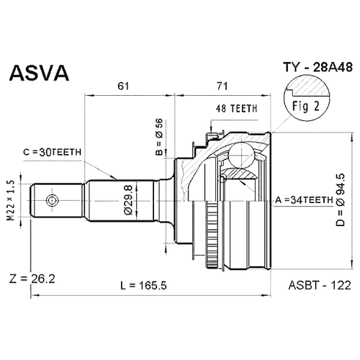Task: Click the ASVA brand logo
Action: (39, 72)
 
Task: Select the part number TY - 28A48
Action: (318, 67)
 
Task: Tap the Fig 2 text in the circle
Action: (306, 106)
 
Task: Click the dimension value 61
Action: (123, 86)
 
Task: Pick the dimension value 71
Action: (222, 86)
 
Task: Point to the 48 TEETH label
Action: (236, 109)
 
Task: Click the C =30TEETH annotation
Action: (53, 152)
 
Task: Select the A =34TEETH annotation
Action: (304, 200)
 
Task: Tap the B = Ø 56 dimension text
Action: (159, 137)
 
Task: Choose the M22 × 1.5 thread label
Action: (11, 201)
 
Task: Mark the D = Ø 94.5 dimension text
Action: (341, 200)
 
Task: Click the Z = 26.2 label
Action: (32, 279)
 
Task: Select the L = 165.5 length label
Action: (143, 286)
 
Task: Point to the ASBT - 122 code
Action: (320, 285)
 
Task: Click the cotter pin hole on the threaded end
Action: (52, 201)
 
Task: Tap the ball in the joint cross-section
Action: (240, 156)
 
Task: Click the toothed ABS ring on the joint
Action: (212, 235)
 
